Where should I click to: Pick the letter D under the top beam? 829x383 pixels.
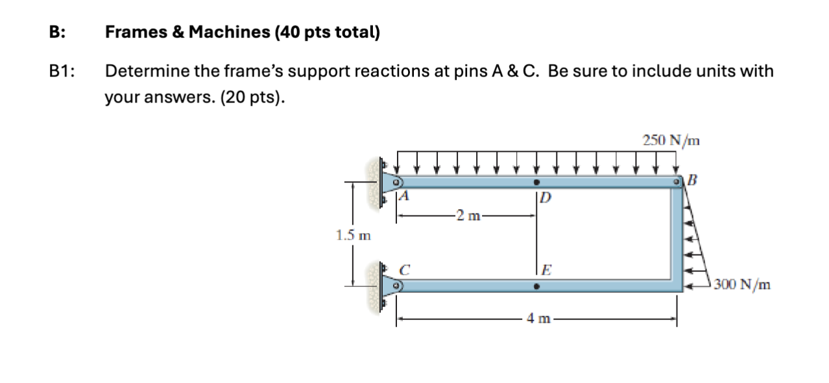tap(545, 197)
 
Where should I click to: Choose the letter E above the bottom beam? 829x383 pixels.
tap(546, 269)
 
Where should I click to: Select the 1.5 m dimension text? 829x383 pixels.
tap(352, 234)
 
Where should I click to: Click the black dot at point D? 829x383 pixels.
tap(536, 182)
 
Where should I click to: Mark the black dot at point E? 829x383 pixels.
tap(536, 285)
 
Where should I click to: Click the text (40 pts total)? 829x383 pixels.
tap(327, 32)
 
